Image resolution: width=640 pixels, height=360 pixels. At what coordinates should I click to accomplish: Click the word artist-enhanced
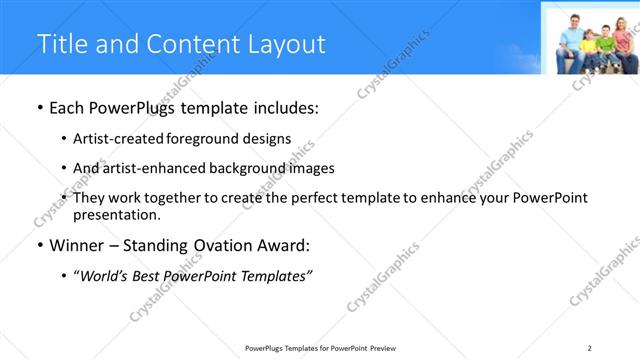(x=147, y=168)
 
